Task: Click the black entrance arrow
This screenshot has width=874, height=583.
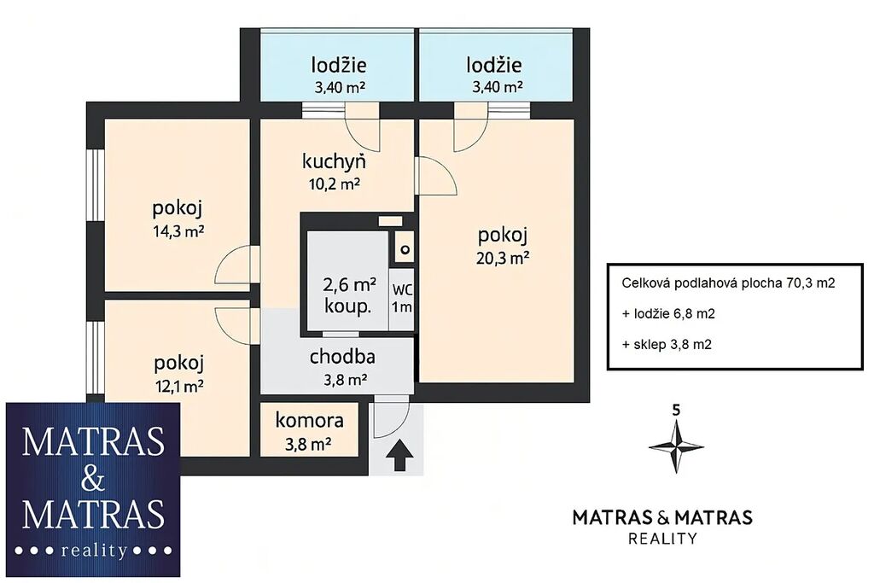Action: click(x=399, y=455)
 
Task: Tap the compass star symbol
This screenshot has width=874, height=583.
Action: click(x=676, y=447)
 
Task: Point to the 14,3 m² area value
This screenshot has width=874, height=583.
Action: click(x=178, y=230)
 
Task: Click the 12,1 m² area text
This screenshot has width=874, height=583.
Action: click(x=178, y=386)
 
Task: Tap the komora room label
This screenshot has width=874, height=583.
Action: click(x=309, y=420)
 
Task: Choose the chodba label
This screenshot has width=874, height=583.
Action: click(x=342, y=357)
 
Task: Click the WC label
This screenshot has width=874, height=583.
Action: click(x=402, y=290)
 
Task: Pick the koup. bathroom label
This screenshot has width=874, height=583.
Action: click(x=348, y=306)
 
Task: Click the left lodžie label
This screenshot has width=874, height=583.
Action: click(x=339, y=65)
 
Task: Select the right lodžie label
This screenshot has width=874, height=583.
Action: click(x=494, y=65)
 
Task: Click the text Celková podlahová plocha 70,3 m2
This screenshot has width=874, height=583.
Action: click(x=728, y=283)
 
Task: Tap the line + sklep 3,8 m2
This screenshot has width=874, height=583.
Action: click(x=667, y=345)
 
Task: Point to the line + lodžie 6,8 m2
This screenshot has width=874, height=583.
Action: click(x=668, y=314)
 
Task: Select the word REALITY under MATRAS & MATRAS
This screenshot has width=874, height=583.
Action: click(x=662, y=539)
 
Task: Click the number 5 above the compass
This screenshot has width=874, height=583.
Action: click(x=676, y=411)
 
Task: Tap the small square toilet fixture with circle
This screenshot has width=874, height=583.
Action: click(x=405, y=250)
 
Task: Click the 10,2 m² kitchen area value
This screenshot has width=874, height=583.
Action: click(x=335, y=184)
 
